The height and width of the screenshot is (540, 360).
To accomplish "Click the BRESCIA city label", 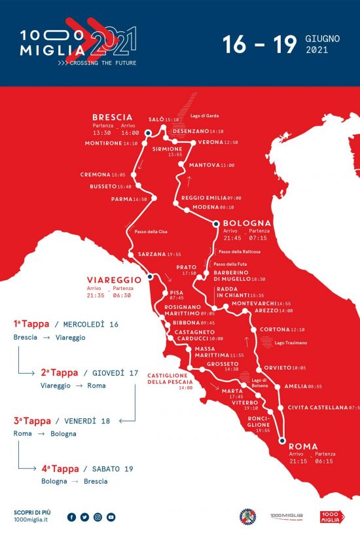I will tap(113, 117).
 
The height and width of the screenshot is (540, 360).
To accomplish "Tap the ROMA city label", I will tap(302, 447).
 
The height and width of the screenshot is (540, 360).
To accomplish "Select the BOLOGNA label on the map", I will tap(247, 223).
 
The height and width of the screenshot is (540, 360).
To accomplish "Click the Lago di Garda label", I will tap(204, 116).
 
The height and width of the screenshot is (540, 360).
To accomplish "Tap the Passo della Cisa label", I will tap(149, 232).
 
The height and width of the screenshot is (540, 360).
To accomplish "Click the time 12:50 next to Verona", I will tap(231, 142).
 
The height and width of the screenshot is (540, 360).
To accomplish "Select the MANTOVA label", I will tap(204, 165).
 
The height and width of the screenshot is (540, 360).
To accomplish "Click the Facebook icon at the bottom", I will tap(71, 517).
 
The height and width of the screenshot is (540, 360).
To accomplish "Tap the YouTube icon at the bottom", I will tap(111, 517).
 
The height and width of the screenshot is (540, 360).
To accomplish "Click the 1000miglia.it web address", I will tap(31, 519).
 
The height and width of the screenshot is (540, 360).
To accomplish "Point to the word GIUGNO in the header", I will tap(322, 39).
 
